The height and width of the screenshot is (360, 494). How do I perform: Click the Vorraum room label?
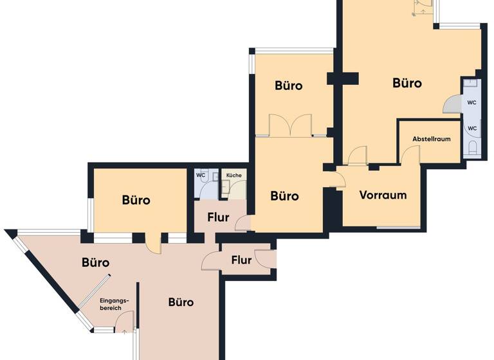(383, 195)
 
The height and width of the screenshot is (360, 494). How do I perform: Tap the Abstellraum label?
(430, 139)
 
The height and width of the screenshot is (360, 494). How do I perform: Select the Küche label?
(233, 175)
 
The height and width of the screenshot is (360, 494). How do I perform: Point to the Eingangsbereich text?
(114, 304)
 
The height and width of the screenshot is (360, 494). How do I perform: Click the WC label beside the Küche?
(200, 175)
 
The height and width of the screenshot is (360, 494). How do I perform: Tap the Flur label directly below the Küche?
(218, 217)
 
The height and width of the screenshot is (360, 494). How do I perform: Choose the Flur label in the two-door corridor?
(241, 260)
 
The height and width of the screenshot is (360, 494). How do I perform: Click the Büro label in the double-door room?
(288, 85)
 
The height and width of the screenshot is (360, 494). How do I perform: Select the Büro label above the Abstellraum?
(407, 83)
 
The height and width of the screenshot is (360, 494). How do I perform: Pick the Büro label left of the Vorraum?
(284, 196)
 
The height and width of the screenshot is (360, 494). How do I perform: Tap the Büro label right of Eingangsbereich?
(181, 302)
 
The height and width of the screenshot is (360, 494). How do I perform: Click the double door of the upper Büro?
(291, 125)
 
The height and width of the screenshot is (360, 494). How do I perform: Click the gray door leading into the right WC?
(452, 105)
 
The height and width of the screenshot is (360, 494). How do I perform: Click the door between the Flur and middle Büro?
(242, 223)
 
